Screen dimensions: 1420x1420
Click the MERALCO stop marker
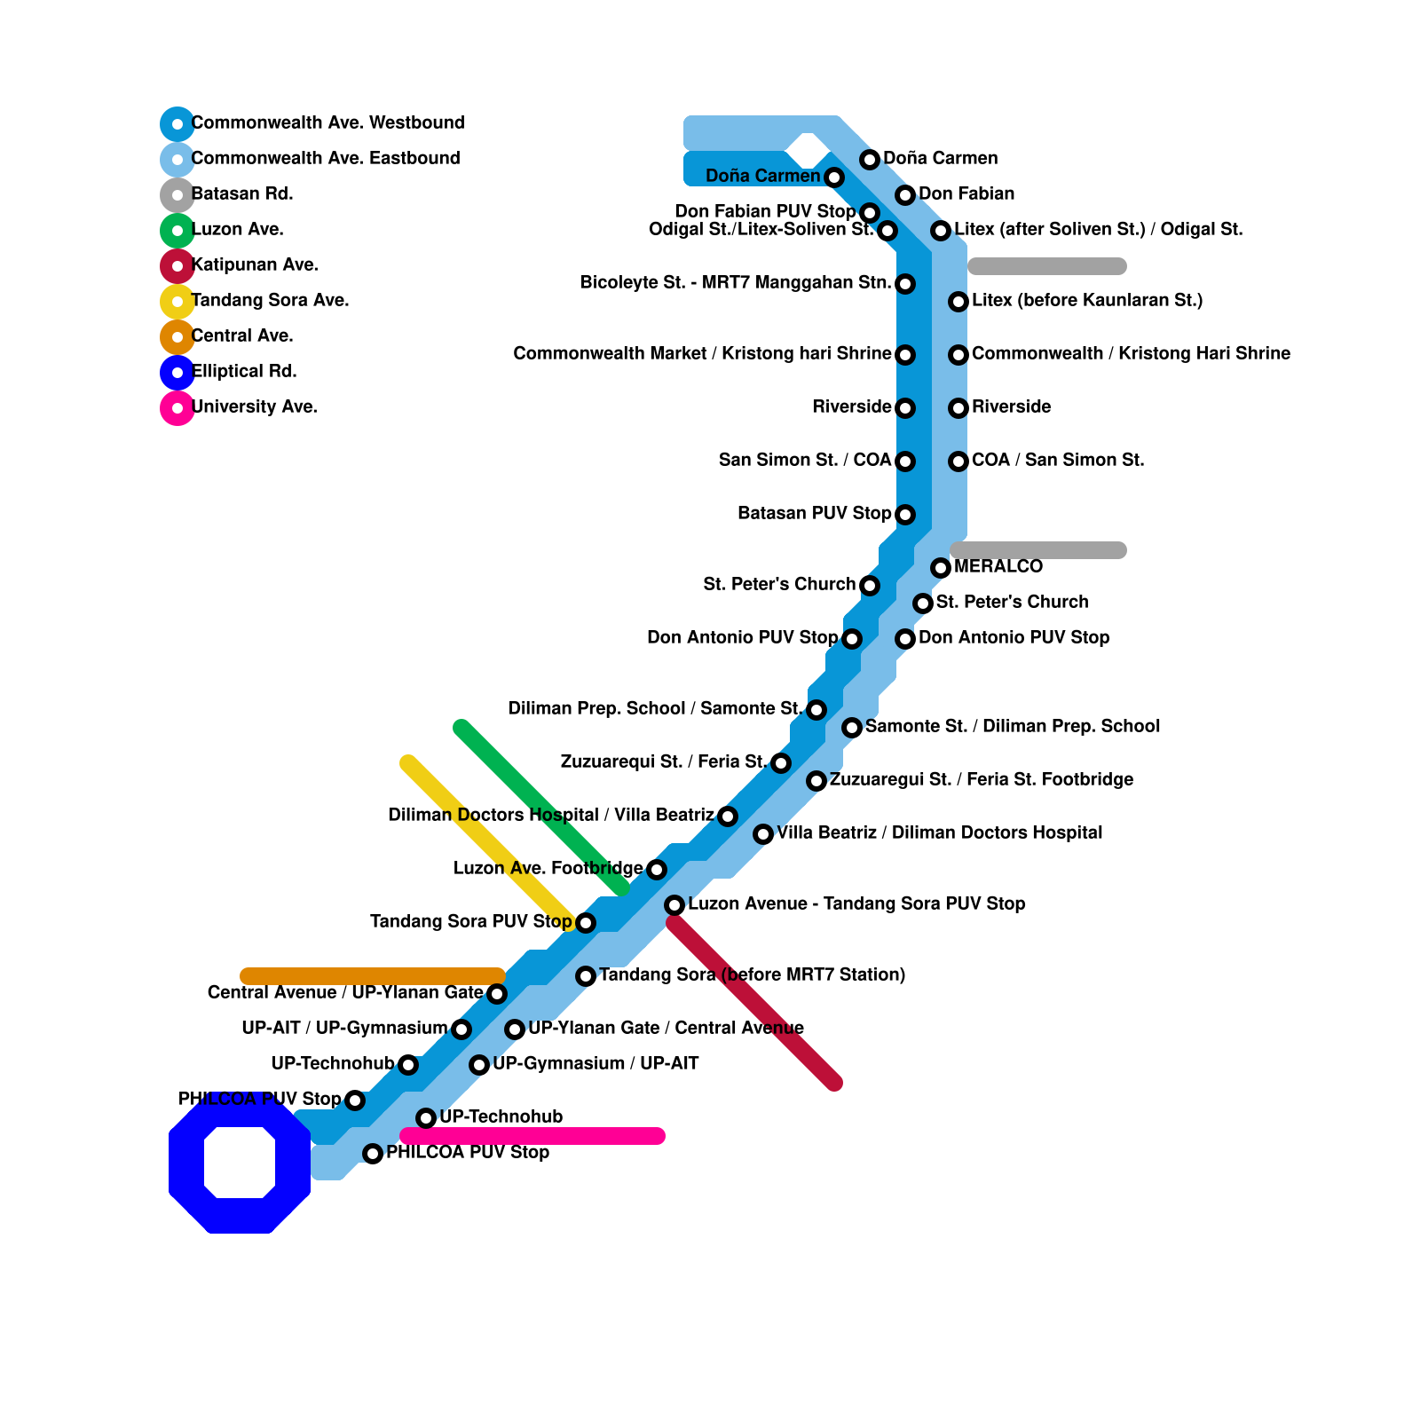tap(941, 568)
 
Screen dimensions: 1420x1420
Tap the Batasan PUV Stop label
tap(814, 514)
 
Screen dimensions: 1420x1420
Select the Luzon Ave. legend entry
tap(237, 230)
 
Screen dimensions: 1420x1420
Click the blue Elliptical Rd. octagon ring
tap(186, 1163)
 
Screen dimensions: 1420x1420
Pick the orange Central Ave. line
tap(373, 976)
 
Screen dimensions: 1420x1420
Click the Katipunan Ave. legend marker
tap(177, 266)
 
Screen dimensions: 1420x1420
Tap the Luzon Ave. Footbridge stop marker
tap(657, 870)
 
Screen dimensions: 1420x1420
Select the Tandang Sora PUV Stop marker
tap(586, 923)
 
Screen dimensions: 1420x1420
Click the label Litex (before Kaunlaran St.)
tap(1087, 301)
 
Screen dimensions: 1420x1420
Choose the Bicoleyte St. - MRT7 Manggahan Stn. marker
tap(905, 284)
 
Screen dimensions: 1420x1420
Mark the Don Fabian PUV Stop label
tap(765, 212)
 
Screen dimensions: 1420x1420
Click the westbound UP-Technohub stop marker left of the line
tap(408, 1065)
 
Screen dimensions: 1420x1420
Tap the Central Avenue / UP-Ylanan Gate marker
tap(497, 994)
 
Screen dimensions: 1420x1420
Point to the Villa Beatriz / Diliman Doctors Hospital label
tap(939, 833)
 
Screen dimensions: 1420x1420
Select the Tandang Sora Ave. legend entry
tap(270, 301)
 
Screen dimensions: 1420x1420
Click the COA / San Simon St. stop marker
tap(958, 461)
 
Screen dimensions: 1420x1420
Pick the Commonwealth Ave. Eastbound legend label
tap(326, 159)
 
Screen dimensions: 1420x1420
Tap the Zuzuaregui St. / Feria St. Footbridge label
tap(981, 780)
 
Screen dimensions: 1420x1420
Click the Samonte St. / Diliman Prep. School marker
tap(852, 728)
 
